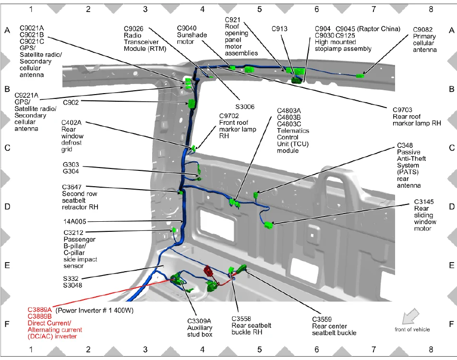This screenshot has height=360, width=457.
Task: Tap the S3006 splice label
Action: click(245, 107)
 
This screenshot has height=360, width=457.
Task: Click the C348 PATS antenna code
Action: click(406, 145)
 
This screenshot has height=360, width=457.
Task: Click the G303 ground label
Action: click(71, 164)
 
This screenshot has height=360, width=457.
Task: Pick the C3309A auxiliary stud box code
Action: click(199, 321)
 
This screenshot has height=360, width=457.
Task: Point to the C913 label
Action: click(279, 29)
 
